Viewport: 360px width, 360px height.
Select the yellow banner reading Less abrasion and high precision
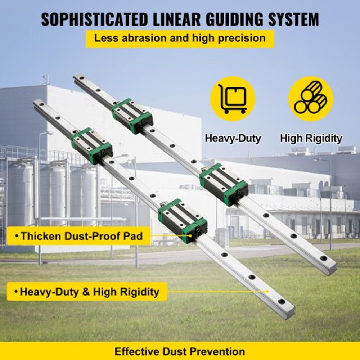click(180, 39)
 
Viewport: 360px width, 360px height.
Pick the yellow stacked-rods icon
click(311, 98)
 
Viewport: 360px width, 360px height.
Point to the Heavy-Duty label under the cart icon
click(233, 138)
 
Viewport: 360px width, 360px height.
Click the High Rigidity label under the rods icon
click(311, 138)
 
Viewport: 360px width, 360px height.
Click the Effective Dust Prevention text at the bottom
click(180, 351)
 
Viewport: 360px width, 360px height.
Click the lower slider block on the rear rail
click(224, 184)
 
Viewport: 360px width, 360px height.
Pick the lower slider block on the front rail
click(183, 220)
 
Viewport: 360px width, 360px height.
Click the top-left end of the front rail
click(37, 104)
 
